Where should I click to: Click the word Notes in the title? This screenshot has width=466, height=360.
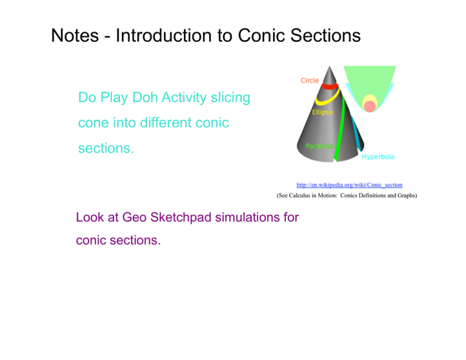[75, 36]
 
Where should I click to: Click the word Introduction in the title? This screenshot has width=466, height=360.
[164, 36]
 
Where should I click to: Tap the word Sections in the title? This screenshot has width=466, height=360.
[325, 36]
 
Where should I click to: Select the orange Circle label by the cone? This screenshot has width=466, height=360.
[309, 81]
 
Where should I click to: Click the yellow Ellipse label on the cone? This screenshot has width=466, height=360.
[322, 112]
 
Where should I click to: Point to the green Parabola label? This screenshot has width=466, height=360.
[320, 146]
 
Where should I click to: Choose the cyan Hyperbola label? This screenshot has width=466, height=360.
[378, 157]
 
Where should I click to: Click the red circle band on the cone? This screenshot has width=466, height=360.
[329, 86]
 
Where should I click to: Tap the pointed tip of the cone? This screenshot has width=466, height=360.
[329, 66]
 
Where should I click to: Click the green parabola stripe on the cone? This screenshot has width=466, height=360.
[340, 128]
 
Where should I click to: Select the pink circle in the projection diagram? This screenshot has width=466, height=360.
[370, 106]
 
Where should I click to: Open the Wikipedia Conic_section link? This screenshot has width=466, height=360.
[349, 185]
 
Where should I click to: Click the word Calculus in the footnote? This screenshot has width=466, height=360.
[300, 195]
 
